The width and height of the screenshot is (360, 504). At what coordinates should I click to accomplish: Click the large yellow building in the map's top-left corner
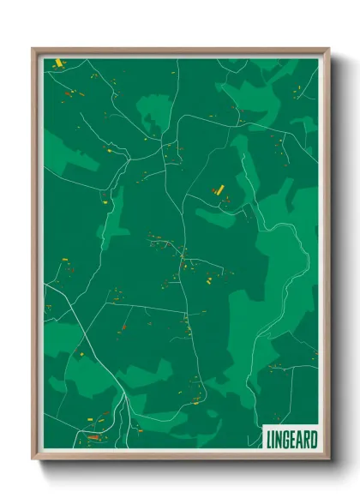pyautogui.click(x=58, y=63)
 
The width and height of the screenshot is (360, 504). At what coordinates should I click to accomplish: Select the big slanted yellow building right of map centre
pyautogui.click(x=218, y=188)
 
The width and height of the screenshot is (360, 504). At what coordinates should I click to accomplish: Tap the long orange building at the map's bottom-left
pyautogui.click(x=93, y=437)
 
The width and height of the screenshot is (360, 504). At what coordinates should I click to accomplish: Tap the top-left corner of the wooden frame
pyautogui.click(x=33, y=50)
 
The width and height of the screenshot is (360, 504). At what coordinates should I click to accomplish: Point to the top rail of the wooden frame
pyautogui.click(x=180, y=51)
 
